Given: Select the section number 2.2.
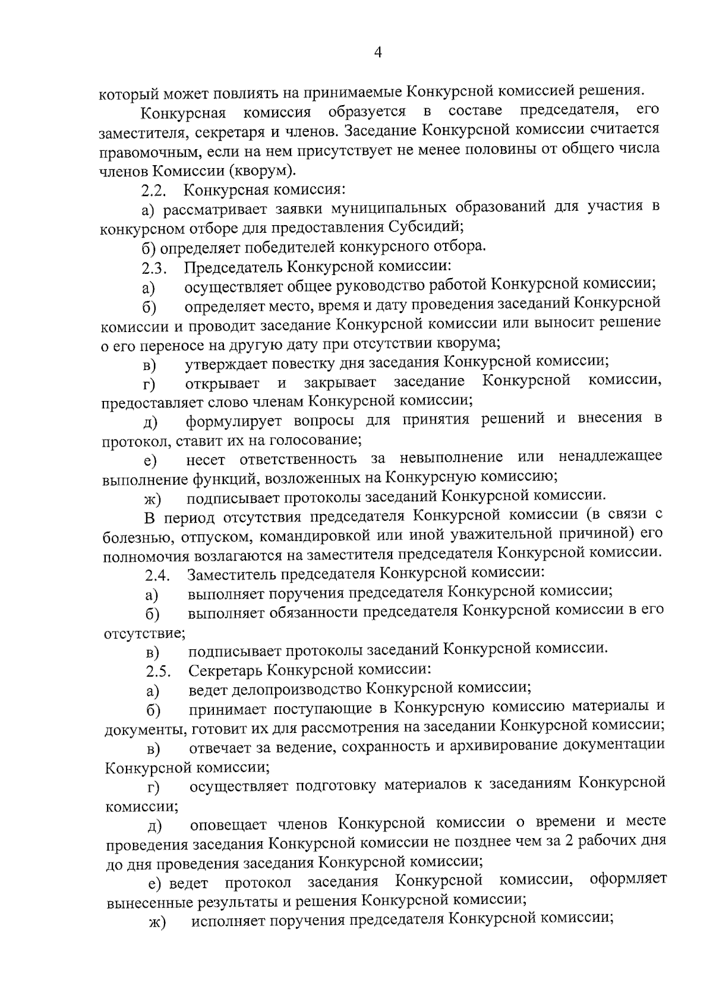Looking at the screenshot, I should tap(154, 192).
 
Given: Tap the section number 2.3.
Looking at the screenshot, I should tap(154, 268).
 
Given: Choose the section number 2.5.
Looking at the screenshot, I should tap(158, 672).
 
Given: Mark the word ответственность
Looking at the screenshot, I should tap(298, 459).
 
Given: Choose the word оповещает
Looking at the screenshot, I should tap(231, 823).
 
